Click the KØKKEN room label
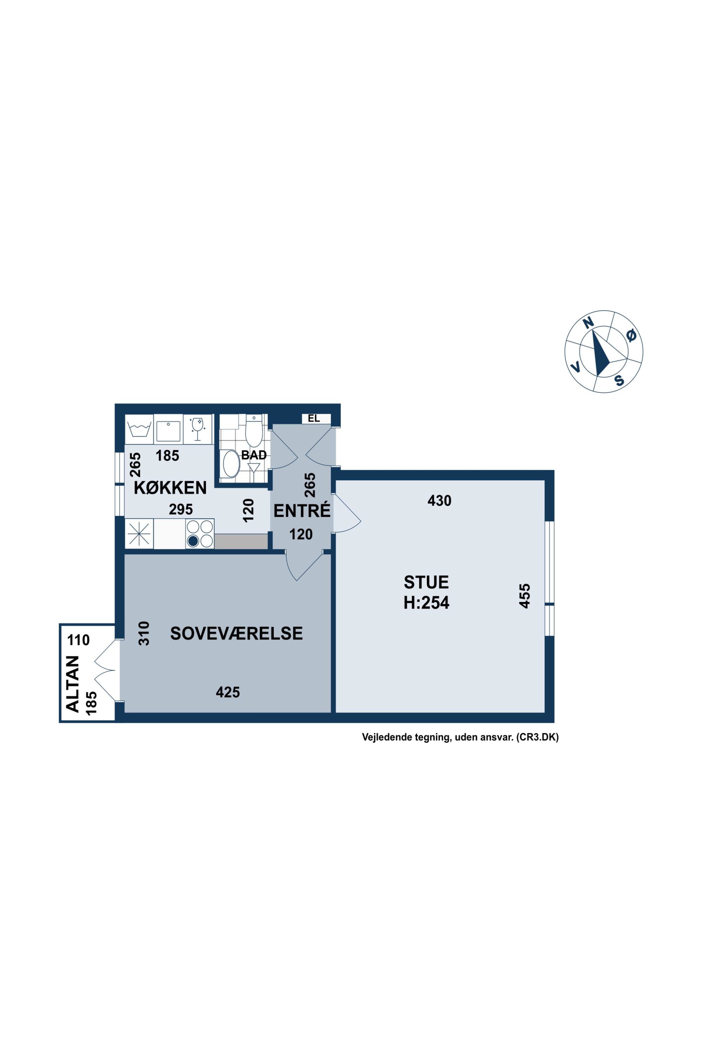pyautogui.click(x=170, y=488)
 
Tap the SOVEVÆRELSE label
pyautogui.click(x=236, y=634)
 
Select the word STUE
pyautogui.click(x=426, y=582)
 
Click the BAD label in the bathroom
pyautogui.click(x=254, y=455)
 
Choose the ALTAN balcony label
pyautogui.click(x=73, y=684)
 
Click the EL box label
pyautogui.click(x=314, y=419)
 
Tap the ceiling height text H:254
pyautogui.click(x=426, y=603)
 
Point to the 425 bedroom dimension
pyautogui.click(x=228, y=693)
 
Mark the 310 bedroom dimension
pyautogui.click(x=144, y=633)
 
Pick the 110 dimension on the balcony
pyautogui.click(x=78, y=640)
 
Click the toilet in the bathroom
pyautogui.click(x=254, y=431)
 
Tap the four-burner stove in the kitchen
pyautogui.click(x=200, y=533)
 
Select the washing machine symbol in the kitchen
pyautogui.click(x=139, y=429)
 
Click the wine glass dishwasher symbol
pyautogui.click(x=197, y=429)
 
